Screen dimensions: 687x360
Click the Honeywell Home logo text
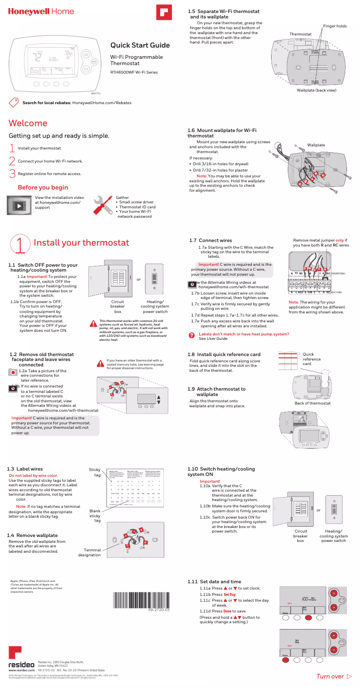[x=41, y=11]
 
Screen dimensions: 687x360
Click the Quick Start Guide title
[x=140, y=45]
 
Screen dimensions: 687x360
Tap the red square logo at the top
[x=164, y=12]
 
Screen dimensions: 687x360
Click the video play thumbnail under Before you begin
[x=19, y=206]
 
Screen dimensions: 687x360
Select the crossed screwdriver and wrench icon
[x=103, y=206]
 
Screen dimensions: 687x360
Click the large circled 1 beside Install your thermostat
[x=21, y=243]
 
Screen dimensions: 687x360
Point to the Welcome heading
[x=28, y=123]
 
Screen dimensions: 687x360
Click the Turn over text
[x=330, y=676]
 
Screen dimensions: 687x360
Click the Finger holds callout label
[x=334, y=26]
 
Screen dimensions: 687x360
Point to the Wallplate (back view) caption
[x=316, y=90]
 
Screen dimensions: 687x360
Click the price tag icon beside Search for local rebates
[x=14, y=102]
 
